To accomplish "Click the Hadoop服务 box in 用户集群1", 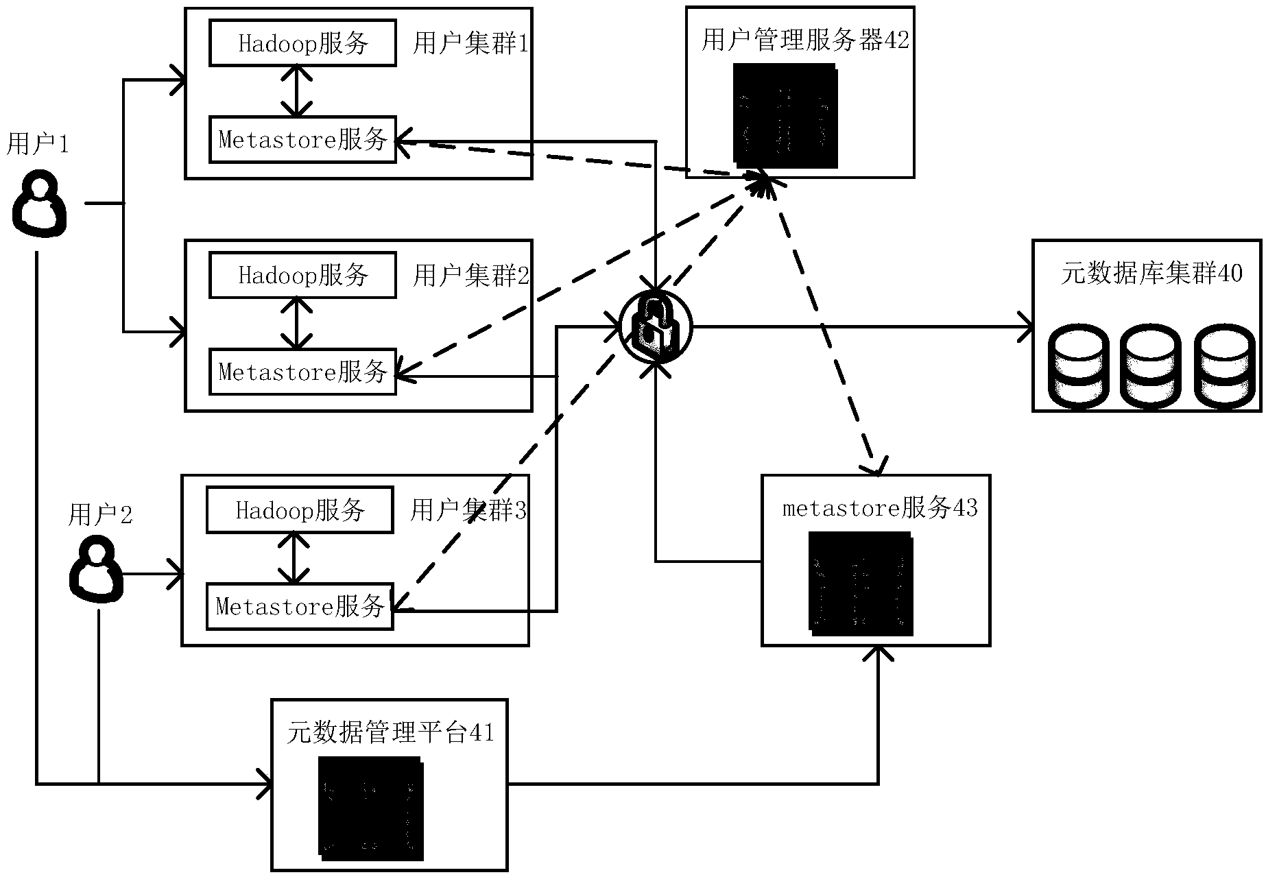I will [x=302, y=43].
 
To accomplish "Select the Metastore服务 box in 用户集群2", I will [x=302, y=372].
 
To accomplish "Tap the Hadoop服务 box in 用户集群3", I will [x=300, y=509].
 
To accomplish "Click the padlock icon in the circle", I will [x=656, y=327].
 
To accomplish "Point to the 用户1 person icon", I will [x=40, y=204].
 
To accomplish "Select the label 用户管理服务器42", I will [x=804, y=40].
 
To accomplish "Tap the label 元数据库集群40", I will [x=1151, y=274].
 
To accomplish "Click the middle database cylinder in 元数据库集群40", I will [x=1151, y=367].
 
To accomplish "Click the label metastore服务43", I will [x=880, y=508].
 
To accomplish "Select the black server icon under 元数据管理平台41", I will [x=371, y=809].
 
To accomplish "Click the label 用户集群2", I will [x=471, y=276].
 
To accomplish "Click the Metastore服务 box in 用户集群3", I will [x=300, y=606].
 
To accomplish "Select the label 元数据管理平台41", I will [x=390, y=732].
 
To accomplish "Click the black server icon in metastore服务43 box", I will [x=862, y=583].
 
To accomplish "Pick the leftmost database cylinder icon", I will [x=1079, y=367].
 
